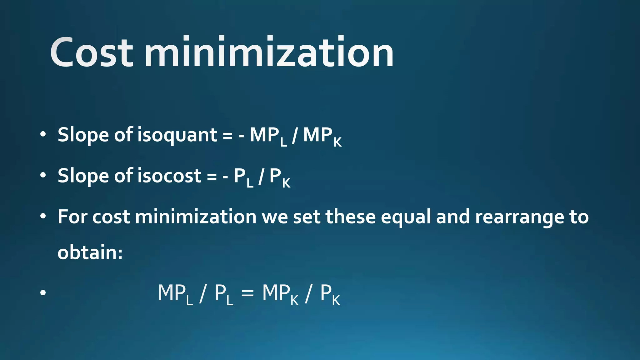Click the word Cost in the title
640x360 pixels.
click(92, 52)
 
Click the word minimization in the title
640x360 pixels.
click(269, 52)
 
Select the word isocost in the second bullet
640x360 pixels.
click(170, 176)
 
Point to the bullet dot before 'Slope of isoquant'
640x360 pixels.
click(43, 135)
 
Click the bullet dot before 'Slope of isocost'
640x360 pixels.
click(43, 175)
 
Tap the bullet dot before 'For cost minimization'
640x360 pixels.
click(43, 216)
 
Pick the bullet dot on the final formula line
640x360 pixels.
click(43, 293)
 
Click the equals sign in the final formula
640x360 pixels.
click(247, 293)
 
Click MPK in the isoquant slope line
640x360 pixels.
click(322, 136)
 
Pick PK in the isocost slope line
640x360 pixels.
click(280, 177)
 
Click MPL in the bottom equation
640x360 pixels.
click(175, 294)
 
